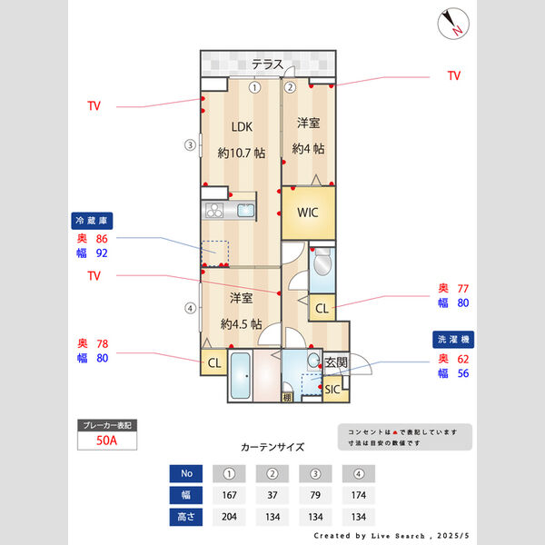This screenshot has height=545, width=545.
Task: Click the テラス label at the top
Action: tap(267, 64)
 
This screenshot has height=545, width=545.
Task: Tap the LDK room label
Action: tap(242, 127)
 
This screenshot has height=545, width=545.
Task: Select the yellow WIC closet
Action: tap(309, 213)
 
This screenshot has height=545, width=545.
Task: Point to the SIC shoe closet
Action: tap(332, 390)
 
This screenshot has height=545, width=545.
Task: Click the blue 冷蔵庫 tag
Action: tap(96, 221)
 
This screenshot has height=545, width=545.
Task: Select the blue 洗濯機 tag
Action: tap(453, 340)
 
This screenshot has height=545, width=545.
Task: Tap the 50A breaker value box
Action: tap(108, 441)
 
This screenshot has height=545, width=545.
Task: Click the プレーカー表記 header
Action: tap(108, 425)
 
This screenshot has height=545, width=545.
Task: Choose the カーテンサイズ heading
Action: tap(272, 447)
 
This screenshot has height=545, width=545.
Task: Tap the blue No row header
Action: tap(187, 474)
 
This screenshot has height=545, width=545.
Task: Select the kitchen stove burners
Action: tap(214, 212)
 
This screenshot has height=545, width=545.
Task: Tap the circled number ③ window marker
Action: tap(190, 144)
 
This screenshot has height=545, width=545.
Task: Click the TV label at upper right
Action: tap(454, 76)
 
